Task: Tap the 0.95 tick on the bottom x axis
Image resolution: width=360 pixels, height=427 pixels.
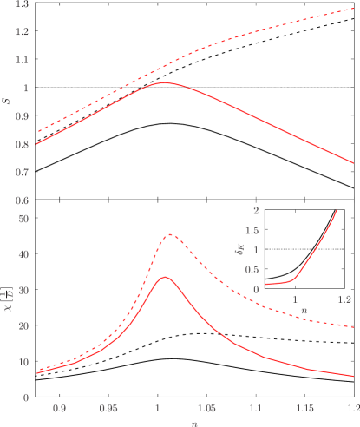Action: pyautogui.click(x=108, y=407)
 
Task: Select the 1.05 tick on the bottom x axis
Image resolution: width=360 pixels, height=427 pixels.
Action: pyautogui.click(x=206, y=407)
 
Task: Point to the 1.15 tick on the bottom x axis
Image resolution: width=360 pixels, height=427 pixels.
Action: pyautogui.click(x=304, y=407)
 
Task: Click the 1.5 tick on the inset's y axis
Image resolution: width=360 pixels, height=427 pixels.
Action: pyautogui.click(x=253, y=231)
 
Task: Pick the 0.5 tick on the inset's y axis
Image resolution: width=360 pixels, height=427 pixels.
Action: pyautogui.click(x=253, y=270)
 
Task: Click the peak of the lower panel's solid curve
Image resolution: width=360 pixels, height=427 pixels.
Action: pyautogui.click(x=165, y=278)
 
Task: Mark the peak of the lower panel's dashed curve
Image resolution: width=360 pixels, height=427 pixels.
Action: pyautogui.click(x=171, y=234)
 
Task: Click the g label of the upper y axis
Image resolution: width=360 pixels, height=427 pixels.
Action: pyautogui.click(x=7, y=102)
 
